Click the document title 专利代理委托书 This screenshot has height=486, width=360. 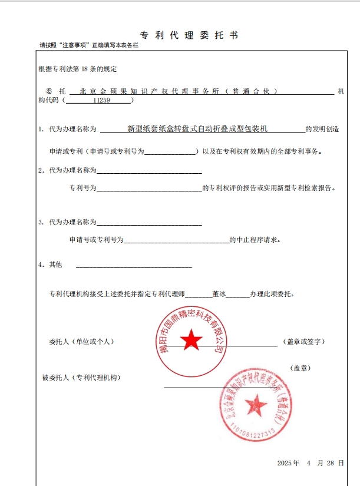189,35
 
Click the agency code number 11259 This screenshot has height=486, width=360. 101,100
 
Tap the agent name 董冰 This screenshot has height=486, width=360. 219,293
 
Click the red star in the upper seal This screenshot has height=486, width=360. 191,340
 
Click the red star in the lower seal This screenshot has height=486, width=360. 255,405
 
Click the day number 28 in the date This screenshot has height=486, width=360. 331,463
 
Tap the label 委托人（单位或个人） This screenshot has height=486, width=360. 81,342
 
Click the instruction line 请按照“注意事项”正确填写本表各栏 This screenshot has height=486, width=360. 89,45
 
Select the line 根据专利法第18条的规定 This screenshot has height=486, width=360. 77,69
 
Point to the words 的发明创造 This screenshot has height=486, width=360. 322,128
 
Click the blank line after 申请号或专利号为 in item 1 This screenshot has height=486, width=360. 171,152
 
